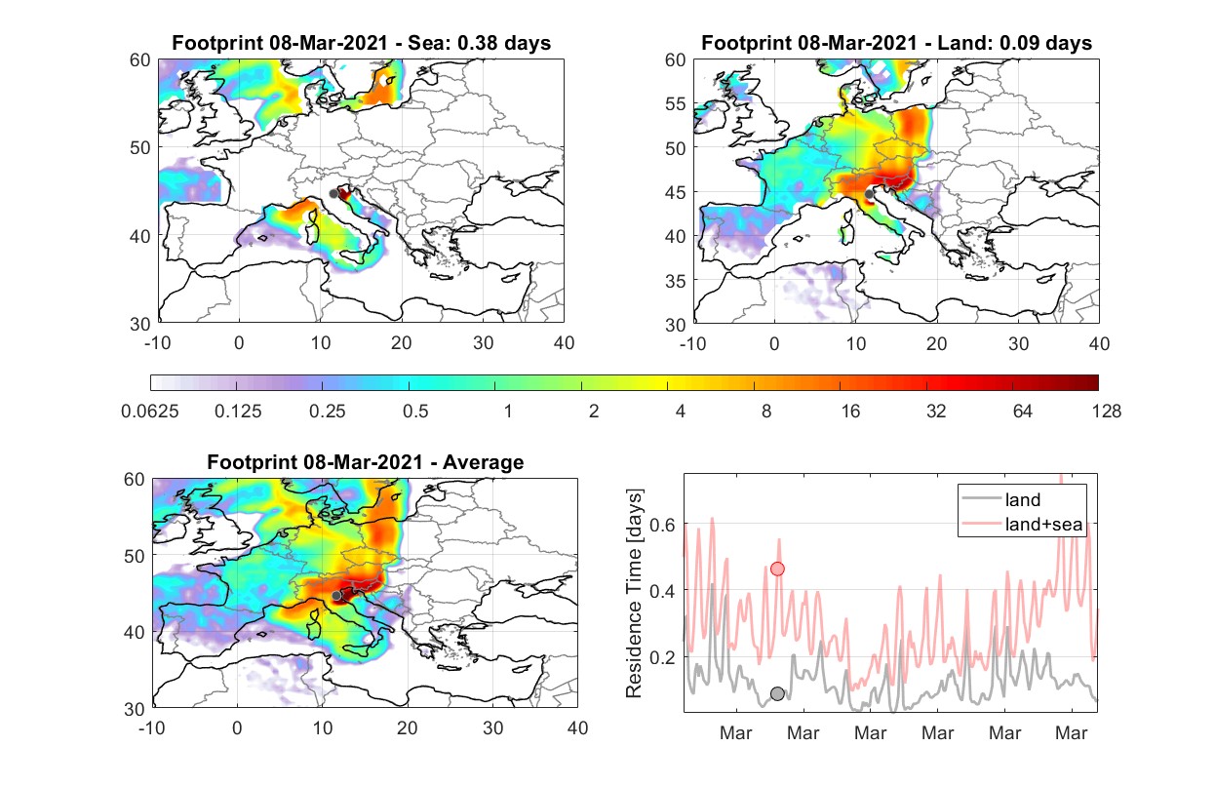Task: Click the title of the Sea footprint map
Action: (361, 43)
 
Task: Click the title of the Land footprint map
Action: (896, 43)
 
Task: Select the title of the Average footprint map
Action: (366, 462)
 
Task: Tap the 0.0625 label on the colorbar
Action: (150, 412)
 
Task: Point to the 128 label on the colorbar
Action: (1107, 412)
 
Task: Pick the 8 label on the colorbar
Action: (765, 412)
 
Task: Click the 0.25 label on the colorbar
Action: (327, 412)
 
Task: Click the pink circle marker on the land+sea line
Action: (777, 569)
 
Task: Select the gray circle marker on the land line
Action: (777, 693)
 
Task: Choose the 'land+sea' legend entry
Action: (1022, 524)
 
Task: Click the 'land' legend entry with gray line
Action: (1001, 499)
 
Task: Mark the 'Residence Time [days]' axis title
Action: (634, 593)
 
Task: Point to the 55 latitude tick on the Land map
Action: (676, 103)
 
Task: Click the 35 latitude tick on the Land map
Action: (676, 281)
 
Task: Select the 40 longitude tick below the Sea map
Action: (564, 343)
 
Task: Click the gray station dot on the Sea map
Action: (333, 194)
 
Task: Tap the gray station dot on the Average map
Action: (336, 596)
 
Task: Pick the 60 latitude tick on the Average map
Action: (134, 480)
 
